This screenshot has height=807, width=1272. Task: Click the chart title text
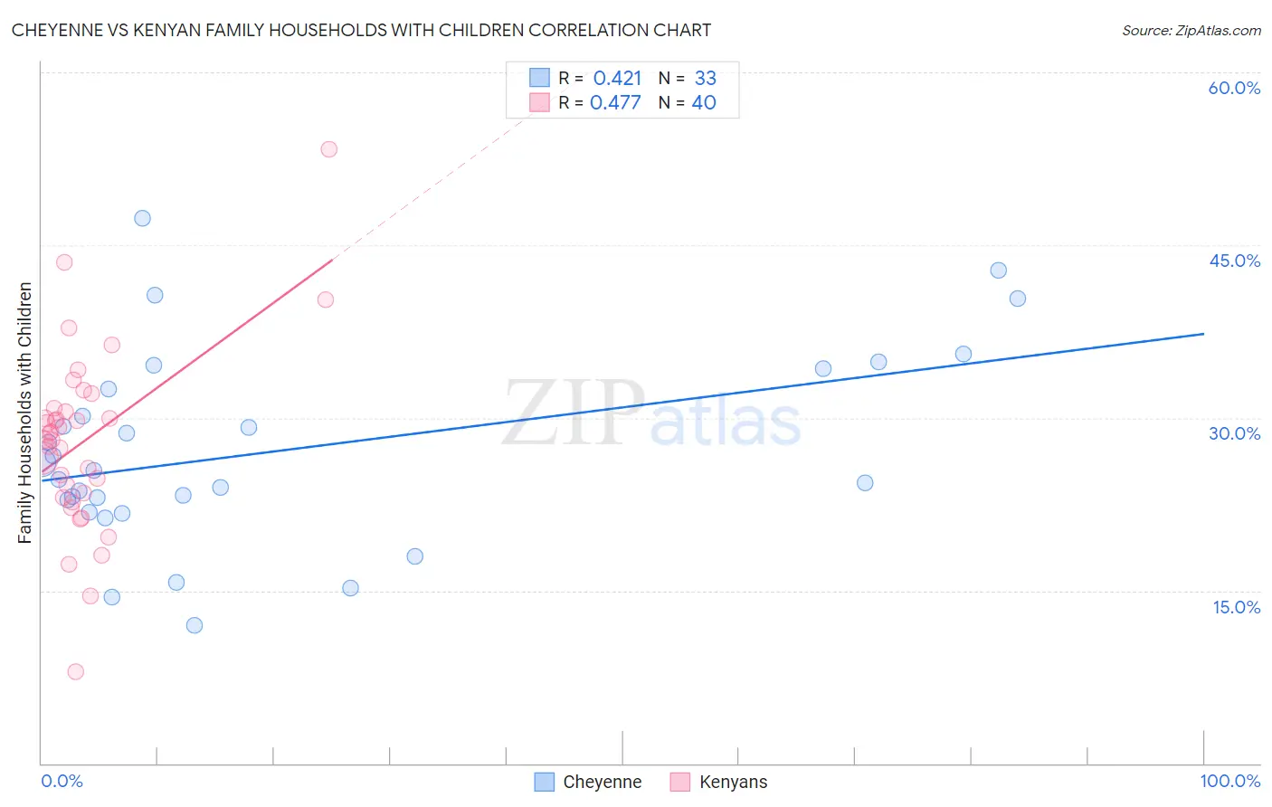[361, 30]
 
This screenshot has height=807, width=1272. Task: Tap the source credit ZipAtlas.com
[1191, 30]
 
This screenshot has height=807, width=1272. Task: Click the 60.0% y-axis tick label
[1234, 88]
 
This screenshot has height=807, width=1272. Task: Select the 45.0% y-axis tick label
[1234, 261]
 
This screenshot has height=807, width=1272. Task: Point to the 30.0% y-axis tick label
[1234, 433]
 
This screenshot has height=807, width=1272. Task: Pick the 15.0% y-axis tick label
[1236, 607]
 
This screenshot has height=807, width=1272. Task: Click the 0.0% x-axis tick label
[62, 781]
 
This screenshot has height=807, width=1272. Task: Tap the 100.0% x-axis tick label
[1229, 781]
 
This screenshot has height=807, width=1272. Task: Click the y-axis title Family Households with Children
[25, 413]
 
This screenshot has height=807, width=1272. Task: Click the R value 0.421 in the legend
[617, 79]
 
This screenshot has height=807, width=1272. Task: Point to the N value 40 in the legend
[704, 103]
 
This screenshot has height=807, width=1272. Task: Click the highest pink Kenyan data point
[329, 149]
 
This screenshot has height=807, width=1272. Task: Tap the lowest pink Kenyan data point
[76, 671]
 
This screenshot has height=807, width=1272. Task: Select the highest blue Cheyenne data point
[142, 218]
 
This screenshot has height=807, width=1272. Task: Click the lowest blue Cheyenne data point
[195, 625]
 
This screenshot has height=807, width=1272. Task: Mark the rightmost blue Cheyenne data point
[1018, 299]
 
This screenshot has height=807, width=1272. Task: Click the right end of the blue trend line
[1203, 334]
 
